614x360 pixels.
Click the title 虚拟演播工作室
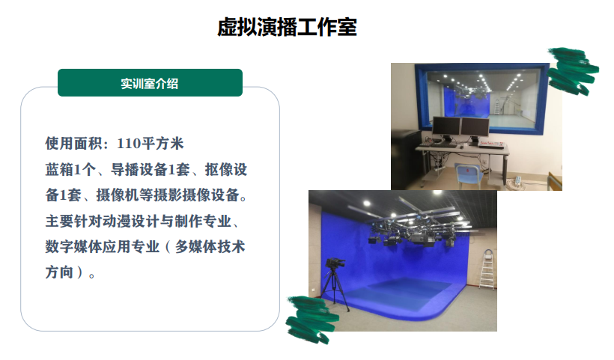[x=287, y=27]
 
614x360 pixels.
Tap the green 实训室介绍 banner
[x=150, y=82]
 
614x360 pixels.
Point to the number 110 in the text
[x=129, y=143]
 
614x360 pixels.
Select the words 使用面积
[x=73, y=143]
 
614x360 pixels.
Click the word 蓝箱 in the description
[x=59, y=169]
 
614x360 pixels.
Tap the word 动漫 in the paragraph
[x=116, y=221]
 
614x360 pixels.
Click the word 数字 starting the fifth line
[x=59, y=246]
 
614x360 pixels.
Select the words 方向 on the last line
[x=59, y=272]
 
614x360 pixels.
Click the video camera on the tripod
[x=335, y=263]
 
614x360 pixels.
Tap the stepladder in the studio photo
[x=487, y=270]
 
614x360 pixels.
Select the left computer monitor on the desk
[x=446, y=126]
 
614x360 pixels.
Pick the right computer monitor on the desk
[x=475, y=127]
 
